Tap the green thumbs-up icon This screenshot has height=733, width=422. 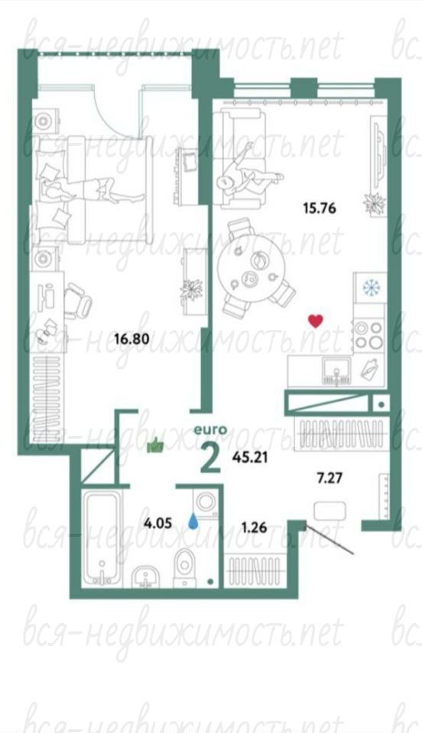pos(155,447)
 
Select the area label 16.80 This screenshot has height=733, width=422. pos(132,338)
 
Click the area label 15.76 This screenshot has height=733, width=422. pos(320,208)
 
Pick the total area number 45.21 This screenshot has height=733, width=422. pos(250,457)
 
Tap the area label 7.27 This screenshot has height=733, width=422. pos(330,478)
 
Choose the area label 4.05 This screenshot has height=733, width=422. pos(157,523)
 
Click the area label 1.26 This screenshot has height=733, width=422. pos(254,528)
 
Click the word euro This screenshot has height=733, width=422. pos(210,429)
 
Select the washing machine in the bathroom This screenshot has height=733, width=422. pos(206,502)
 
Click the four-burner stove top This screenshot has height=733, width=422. pos(369,334)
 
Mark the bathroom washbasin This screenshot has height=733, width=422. pos(148,576)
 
